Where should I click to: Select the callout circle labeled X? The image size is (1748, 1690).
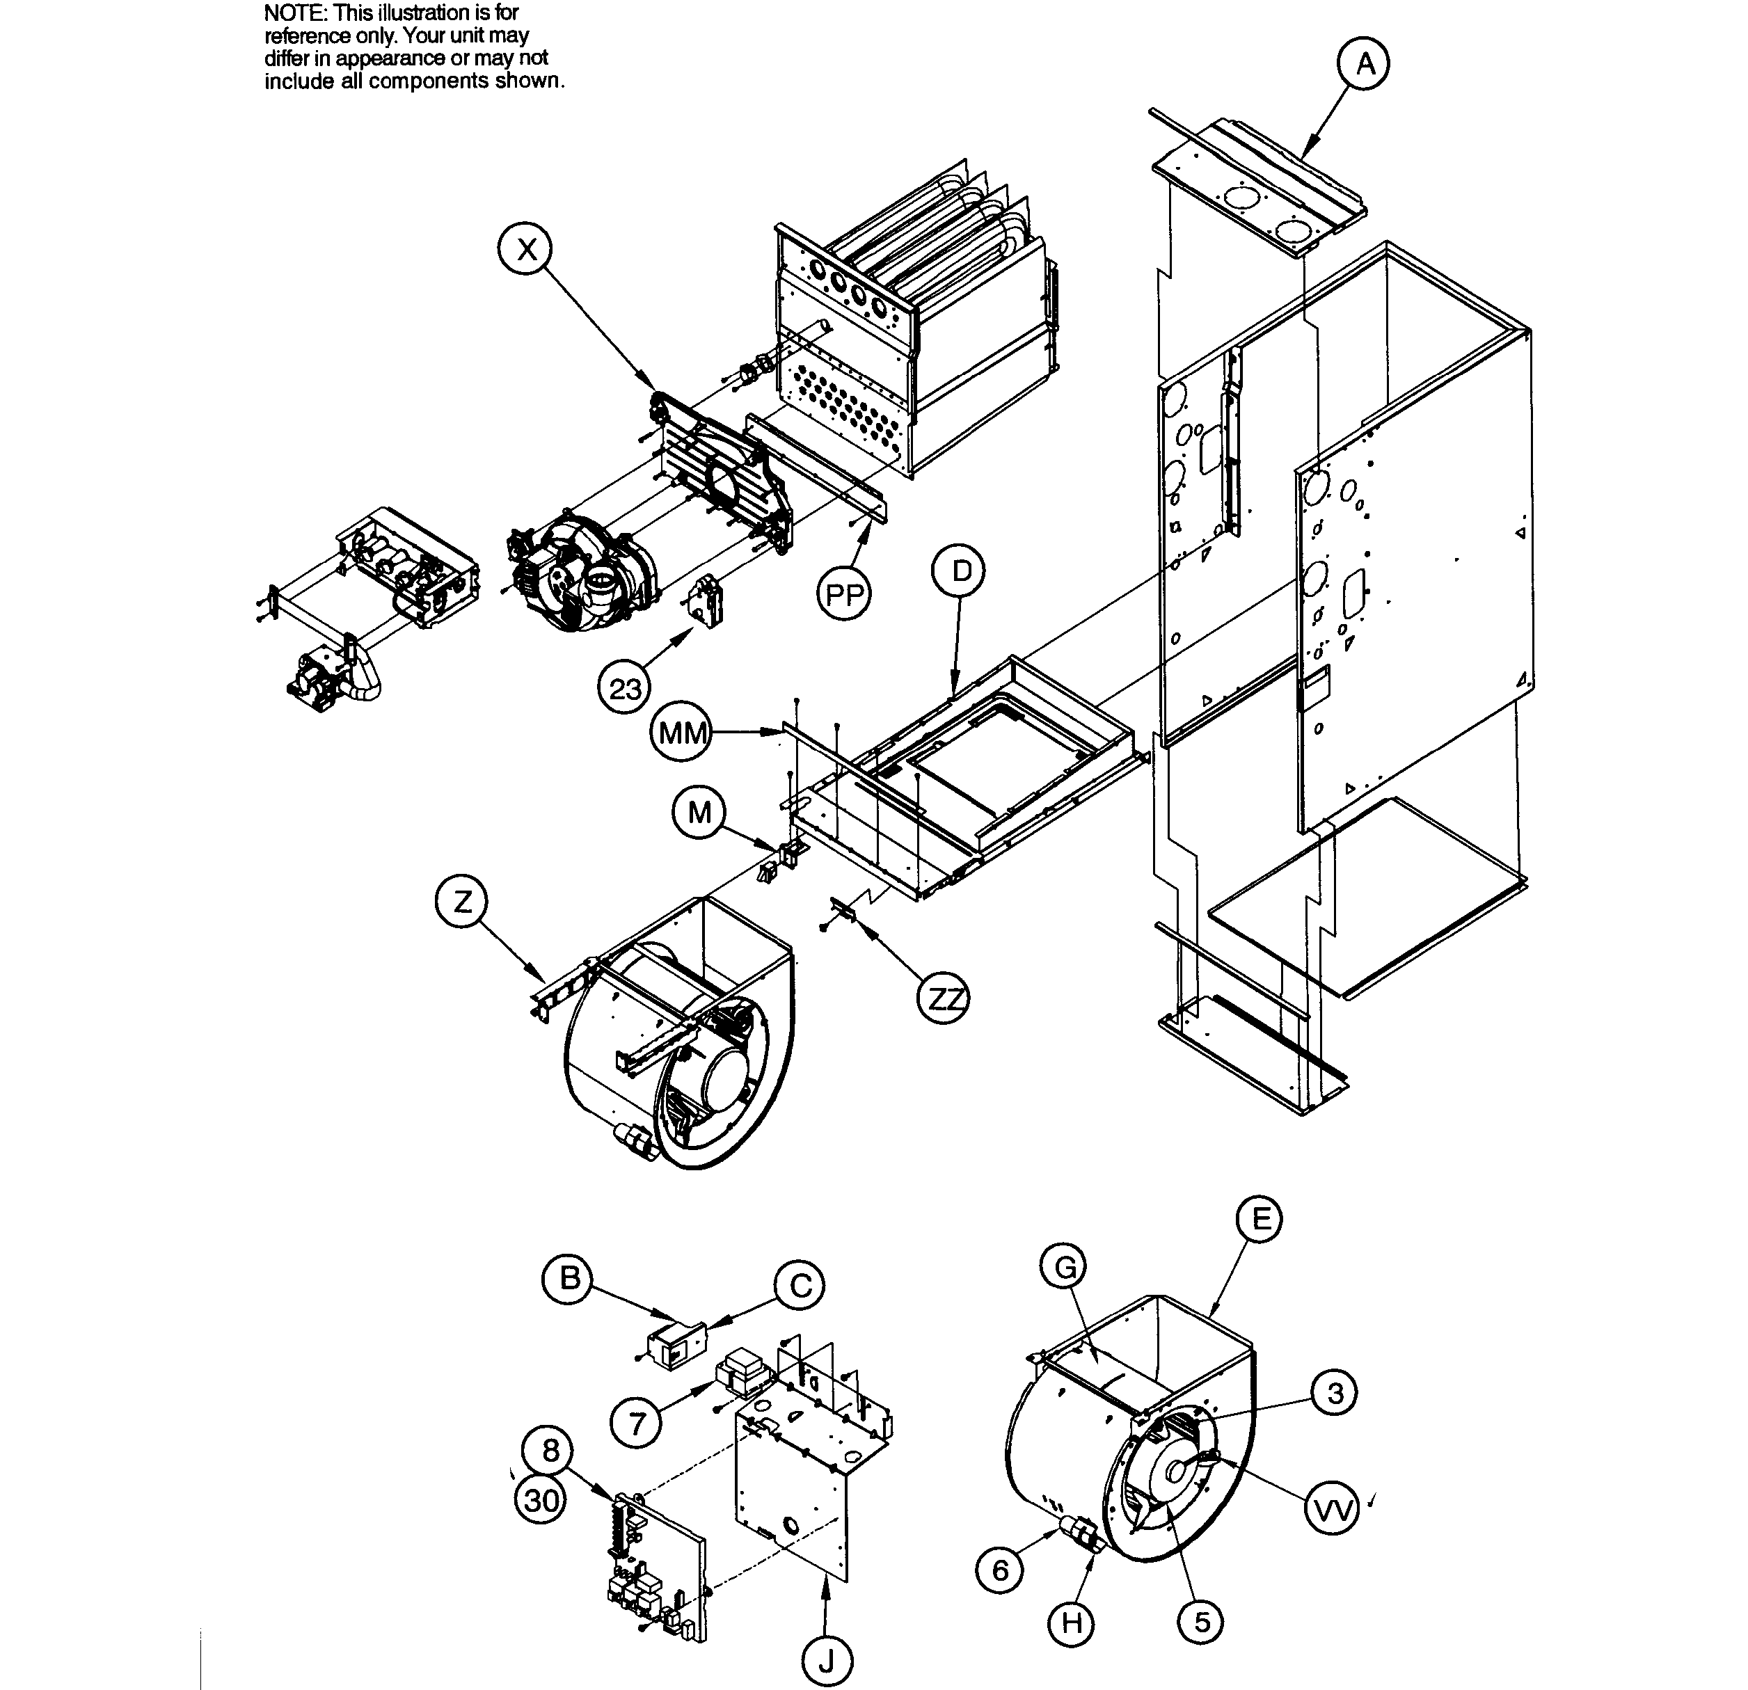point(526,250)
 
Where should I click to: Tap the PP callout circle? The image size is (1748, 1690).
point(843,594)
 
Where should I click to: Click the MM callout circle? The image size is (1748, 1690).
point(682,734)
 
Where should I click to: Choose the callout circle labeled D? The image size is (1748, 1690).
point(960,571)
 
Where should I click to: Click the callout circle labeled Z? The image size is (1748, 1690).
point(462,902)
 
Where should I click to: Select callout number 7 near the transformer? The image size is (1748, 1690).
point(637,1422)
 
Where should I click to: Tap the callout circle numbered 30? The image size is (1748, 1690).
point(541,1501)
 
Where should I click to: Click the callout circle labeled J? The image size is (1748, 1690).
point(827,1661)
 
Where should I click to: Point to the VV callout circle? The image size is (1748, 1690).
point(1331,1510)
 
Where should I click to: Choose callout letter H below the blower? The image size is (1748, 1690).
point(1072,1623)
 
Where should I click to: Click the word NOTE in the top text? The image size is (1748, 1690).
point(294,13)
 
